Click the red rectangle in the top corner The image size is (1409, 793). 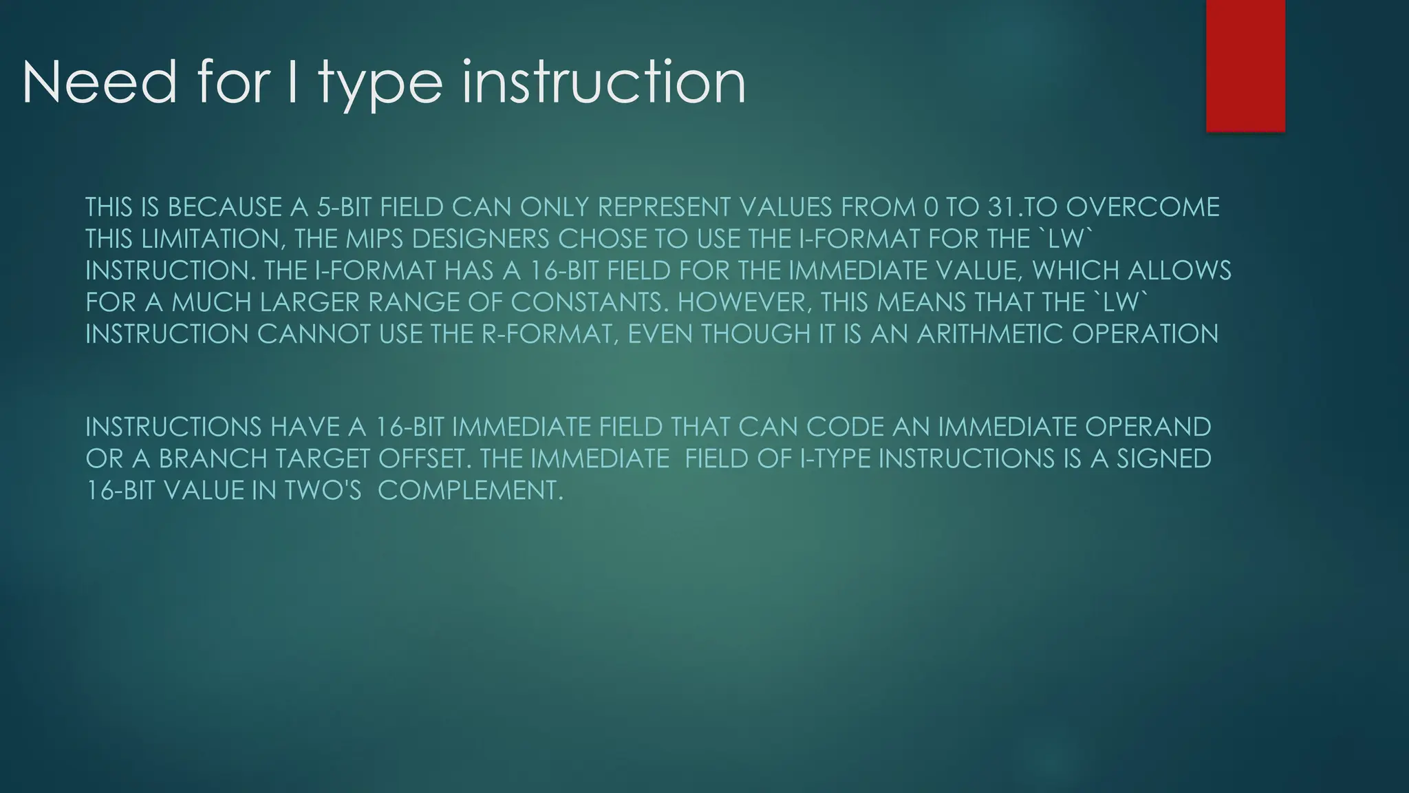click(1245, 65)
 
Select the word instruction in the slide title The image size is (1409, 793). click(603, 83)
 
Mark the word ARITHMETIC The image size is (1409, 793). click(990, 334)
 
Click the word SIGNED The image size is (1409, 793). click(1163, 458)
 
